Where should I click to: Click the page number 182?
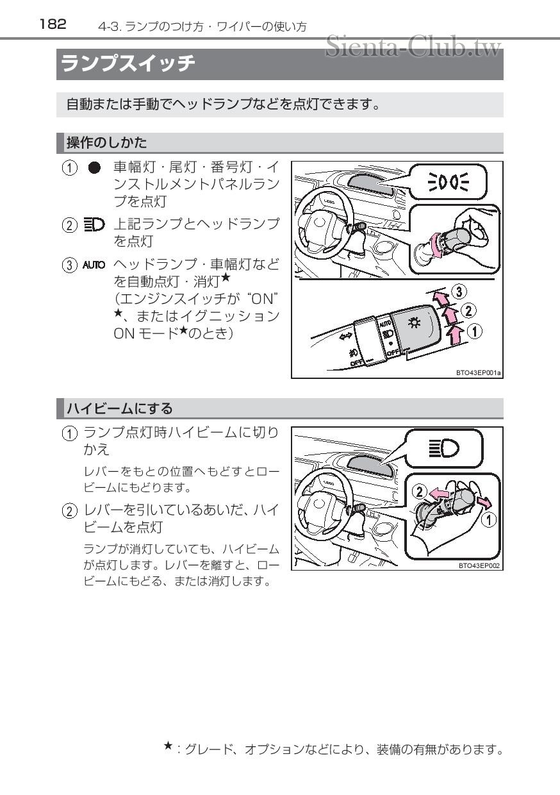click(x=53, y=24)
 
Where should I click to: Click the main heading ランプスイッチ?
click(x=128, y=64)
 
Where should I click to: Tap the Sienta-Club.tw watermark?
click(x=413, y=46)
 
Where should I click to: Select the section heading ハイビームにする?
click(x=119, y=408)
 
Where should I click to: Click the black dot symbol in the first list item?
click(x=94, y=169)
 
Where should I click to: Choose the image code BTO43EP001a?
click(x=479, y=372)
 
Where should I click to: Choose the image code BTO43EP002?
click(x=479, y=565)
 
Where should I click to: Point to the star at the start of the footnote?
click(x=168, y=746)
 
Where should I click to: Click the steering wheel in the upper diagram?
click(x=320, y=221)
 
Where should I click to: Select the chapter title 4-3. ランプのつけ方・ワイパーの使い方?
click(x=202, y=26)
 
